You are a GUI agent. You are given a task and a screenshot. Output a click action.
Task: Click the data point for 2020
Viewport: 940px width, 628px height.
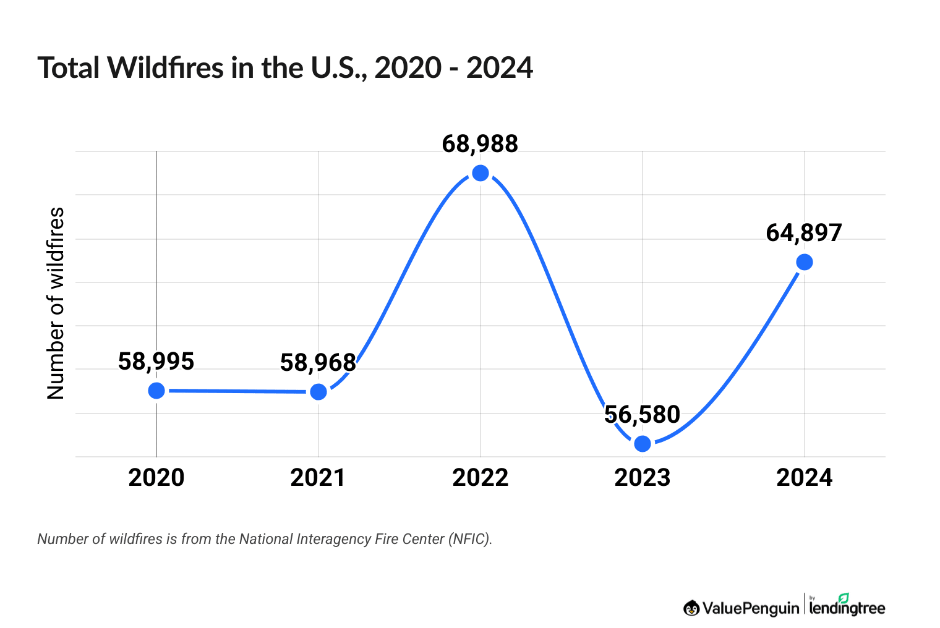(x=156, y=391)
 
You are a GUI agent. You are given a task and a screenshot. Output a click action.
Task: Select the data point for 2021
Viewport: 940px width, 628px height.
(x=318, y=392)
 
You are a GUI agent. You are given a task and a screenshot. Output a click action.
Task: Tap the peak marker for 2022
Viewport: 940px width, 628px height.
(x=481, y=173)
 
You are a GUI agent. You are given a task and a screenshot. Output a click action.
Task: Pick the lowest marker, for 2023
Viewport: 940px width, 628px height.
(x=643, y=444)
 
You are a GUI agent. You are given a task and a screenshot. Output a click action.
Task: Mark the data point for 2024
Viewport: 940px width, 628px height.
(x=805, y=263)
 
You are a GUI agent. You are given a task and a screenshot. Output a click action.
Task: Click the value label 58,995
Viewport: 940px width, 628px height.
(x=156, y=362)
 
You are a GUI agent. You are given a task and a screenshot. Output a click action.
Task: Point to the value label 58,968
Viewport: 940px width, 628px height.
(x=318, y=363)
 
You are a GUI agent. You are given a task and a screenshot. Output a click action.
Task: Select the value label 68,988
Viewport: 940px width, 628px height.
(x=481, y=144)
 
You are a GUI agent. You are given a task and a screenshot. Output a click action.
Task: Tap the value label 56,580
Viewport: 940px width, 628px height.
(x=643, y=415)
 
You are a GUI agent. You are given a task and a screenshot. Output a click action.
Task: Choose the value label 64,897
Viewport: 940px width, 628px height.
(x=805, y=233)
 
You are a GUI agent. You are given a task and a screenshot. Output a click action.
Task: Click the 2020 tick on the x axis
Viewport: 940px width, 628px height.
(x=156, y=478)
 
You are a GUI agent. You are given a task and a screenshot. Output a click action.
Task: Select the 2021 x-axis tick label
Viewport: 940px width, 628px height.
(x=318, y=478)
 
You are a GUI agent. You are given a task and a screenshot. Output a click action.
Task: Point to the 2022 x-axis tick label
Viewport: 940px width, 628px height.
(x=481, y=478)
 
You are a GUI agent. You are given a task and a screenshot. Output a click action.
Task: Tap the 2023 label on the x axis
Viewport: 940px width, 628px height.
(x=643, y=478)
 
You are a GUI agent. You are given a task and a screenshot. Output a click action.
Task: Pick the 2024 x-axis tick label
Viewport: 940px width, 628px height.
(x=805, y=478)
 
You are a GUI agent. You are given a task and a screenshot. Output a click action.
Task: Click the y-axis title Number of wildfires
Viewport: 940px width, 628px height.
(x=56, y=303)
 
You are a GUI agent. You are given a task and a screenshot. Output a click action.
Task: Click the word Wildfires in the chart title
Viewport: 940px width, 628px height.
(x=166, y=68)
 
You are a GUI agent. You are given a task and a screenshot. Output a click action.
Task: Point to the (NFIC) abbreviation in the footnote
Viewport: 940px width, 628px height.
(x=471, y=539)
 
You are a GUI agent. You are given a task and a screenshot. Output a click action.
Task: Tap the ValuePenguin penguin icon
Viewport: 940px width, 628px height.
(x=691, y=608)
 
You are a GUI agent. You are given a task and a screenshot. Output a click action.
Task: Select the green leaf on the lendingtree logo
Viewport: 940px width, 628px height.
(x=844, y=598)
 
